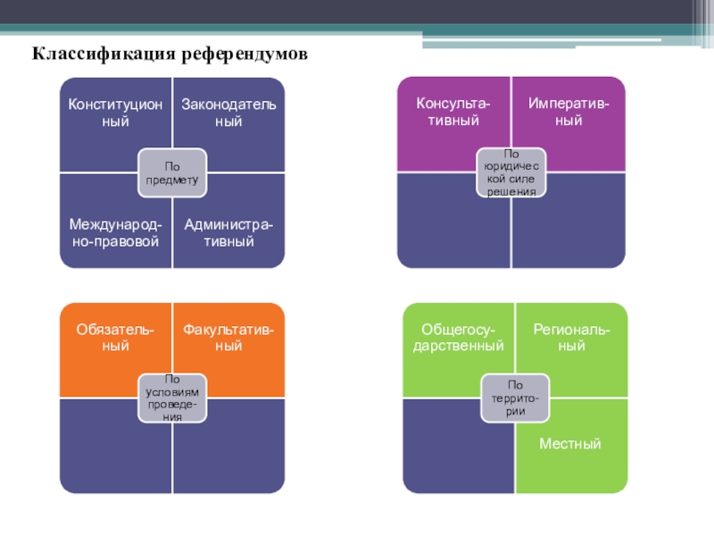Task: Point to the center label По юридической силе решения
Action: pos(511,172)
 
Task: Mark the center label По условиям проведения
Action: pos(172,398)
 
